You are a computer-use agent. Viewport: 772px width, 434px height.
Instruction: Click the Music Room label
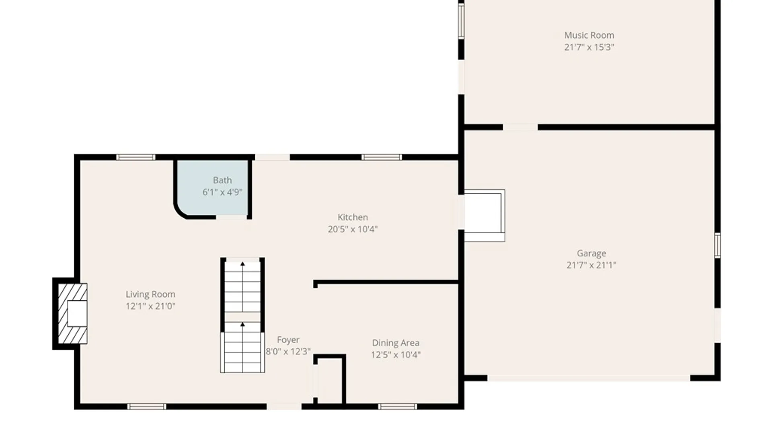pyautogui.click(x=589, y=35)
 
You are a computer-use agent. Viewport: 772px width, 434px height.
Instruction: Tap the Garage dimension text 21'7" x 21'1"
pyautogui.click(x=591, y=265)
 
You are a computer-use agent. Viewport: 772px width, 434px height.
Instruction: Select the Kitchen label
pyautogui.click(x=353, y=217)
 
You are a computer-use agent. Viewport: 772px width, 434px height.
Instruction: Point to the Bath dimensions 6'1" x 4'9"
pyautogui.click(x=222, y=192)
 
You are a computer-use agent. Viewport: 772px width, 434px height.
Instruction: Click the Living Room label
pyautogui.click(x=150, y=295)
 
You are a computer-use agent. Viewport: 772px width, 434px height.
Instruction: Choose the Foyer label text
pyautogui.click(x=288, y=340)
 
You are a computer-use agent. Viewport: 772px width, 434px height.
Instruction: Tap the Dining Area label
pyautogui.click(x=395, y=343)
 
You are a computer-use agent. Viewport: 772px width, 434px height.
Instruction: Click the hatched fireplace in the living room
pyautogui.click(x=72, y=313)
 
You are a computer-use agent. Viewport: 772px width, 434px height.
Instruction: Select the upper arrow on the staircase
pyautogui.click(x=242, y=264)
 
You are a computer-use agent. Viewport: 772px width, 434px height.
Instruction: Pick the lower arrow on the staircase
pyautogui.click(x=242, y=324)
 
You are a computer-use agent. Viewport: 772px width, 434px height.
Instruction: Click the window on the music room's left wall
pyautogui.click(x=461, y=21)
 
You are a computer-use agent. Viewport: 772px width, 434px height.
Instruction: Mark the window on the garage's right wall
pyautogui.click(x=717, y=245)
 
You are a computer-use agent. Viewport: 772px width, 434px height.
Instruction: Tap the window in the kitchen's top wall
pyautogui.click(x=381, y=157)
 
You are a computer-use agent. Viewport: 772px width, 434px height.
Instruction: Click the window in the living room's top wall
pyautogui.click(x=136, y=157)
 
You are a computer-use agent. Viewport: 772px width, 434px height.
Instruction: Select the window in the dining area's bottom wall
pyautogui.click(x=397, y=407)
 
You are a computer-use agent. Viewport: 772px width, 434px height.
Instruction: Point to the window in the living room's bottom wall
pyautogui.click(x=146, y=407)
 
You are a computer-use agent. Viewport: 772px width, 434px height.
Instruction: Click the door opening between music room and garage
pyautogui.click(x=520, y=127)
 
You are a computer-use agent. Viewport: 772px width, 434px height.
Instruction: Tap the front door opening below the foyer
pyautogui.click(x=284, y=407)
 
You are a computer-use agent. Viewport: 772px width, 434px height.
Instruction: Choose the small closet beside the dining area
pyautogui.click(x=330, y=380)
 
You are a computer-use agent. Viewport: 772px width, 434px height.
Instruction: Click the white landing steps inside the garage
pyautogui.click(x=484, y=215)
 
